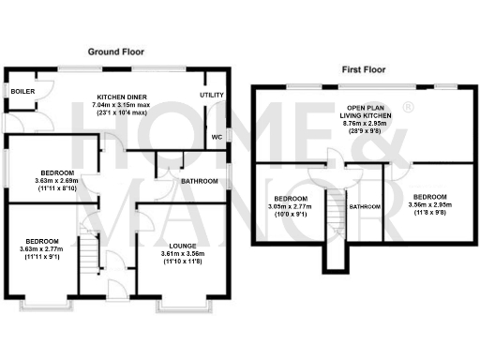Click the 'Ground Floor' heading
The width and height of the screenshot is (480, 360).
[116, 51]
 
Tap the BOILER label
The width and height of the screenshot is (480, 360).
[17, 91]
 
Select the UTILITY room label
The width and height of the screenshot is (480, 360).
[211, 96]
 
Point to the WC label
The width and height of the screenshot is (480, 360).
[216, 138]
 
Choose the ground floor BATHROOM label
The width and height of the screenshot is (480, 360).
[199, 181]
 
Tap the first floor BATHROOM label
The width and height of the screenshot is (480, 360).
[366, 206]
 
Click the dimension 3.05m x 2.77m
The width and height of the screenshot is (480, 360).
[291, 207]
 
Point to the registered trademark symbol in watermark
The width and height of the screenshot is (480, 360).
[407, 109]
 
